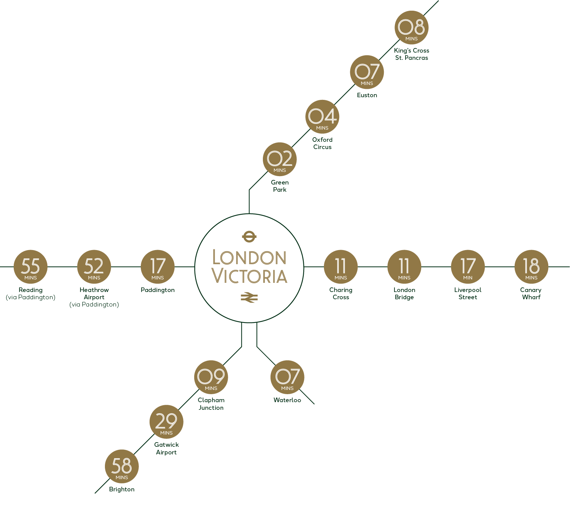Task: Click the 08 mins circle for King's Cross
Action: click(411, 28)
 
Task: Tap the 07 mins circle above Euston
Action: click(367, 72)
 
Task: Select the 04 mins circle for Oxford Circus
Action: click(322, 117)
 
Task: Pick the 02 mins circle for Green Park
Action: click(280, 159)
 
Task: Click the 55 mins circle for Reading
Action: click(31, 267)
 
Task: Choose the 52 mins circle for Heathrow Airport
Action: click(94, 267)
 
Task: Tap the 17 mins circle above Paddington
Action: click(158, 267)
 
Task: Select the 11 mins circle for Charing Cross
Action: click(341, 267)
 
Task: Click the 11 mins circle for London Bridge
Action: click(404, 267)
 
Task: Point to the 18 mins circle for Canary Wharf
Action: click(531, 267)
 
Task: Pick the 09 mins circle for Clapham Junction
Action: click(211, 377)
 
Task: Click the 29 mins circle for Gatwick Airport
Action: click(166, 422)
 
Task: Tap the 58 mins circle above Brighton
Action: click(122, 467)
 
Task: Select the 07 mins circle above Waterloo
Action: click(287, 377)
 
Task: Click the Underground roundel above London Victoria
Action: click(249, 237)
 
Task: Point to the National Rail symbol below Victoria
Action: click(249, 297)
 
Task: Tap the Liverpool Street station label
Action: click(468, 294)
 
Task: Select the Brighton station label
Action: click(122, 489)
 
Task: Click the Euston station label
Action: click(367, 95)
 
